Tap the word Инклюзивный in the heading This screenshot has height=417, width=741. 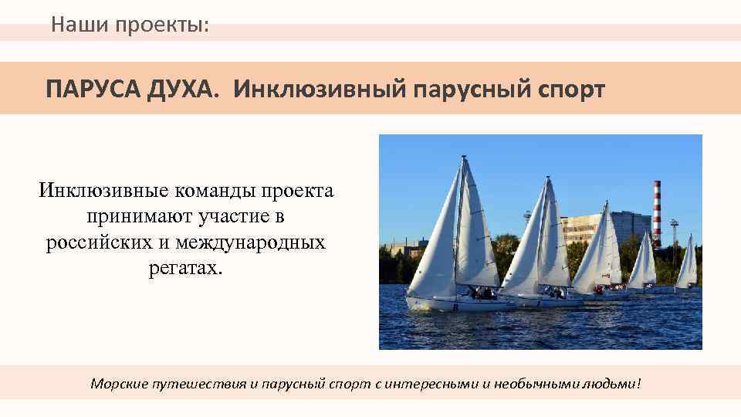tap(320, 89)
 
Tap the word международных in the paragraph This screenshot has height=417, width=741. tap(251, 242)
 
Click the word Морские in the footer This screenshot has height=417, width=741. tap(117, 383)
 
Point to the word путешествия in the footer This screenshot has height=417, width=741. tap(201, 384)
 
